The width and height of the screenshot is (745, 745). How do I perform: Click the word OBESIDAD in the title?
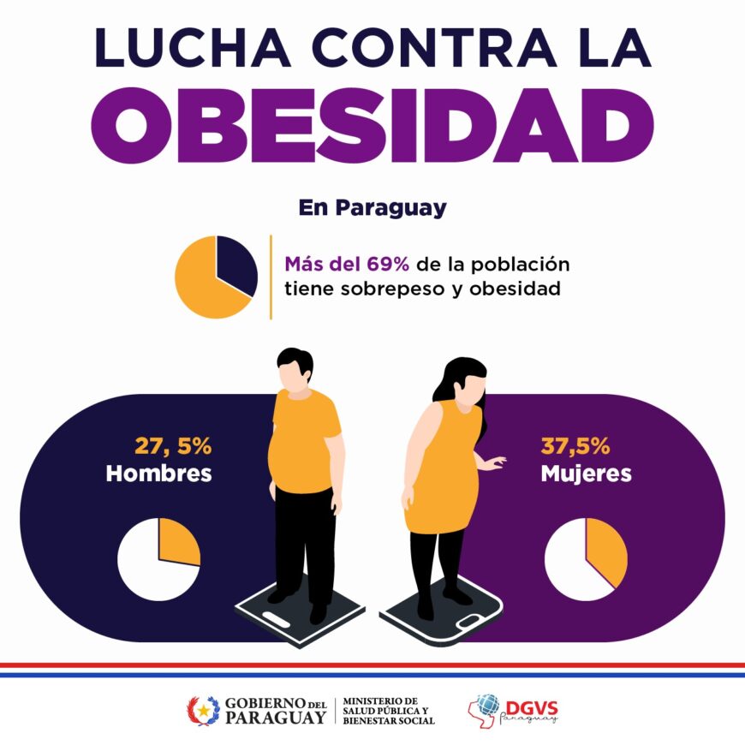coord(372,125)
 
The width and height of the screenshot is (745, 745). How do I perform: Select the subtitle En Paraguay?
coord(372,207)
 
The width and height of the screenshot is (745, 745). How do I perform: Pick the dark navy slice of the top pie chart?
coord(236,264)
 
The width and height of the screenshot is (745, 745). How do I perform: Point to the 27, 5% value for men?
coord(173,446)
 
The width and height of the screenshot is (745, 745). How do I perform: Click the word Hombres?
coord(158,474)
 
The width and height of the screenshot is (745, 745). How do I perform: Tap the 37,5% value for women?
coord(575,446)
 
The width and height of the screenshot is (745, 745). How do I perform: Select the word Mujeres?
coord(587,474)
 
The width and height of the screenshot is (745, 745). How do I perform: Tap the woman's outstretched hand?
coord(494,462)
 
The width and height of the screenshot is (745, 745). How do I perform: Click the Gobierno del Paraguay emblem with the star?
coord(203,710)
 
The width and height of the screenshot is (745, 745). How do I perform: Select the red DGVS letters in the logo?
coord(532,708)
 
